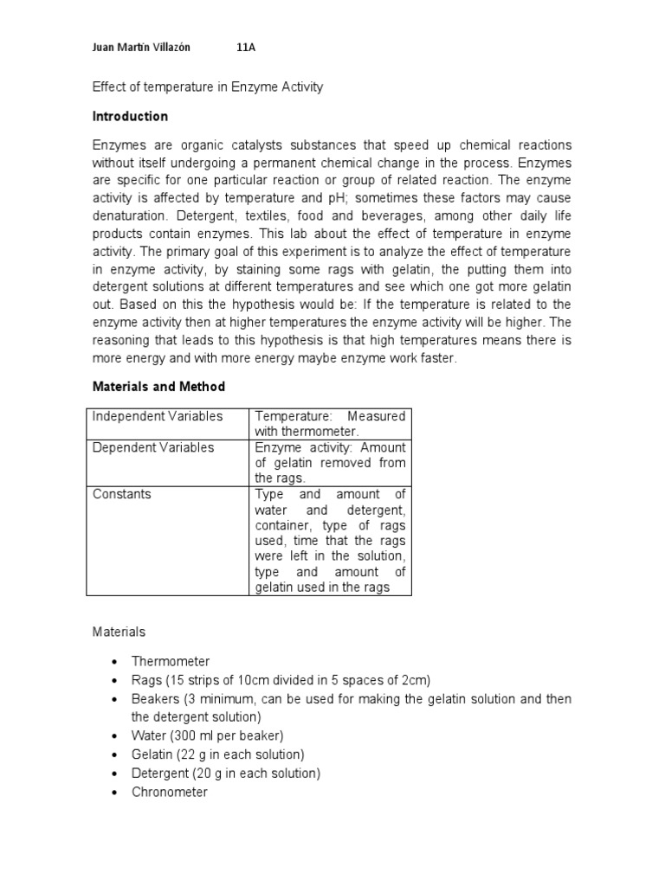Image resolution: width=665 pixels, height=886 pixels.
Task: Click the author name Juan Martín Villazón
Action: click(x=141, y=48)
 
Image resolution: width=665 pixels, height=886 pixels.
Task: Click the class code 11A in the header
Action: click(x=246, y=48)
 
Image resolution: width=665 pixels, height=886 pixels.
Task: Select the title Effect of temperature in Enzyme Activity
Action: click(x=207, y=87)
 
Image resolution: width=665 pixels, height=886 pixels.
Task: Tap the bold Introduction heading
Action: click(x=130, y=116)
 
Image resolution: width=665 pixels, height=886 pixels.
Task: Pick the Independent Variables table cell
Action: click(x=158, y=416)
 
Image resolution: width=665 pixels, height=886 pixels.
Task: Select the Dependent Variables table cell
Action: click(x=153, y=447)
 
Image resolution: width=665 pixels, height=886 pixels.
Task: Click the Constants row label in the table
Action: click(x=122, y=494)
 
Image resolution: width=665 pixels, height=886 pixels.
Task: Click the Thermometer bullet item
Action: click(x=171, y=661)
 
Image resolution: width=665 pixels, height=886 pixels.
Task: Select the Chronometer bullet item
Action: click(x=170, y=792)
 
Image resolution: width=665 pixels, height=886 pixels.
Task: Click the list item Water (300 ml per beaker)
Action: click(x=208, y=735)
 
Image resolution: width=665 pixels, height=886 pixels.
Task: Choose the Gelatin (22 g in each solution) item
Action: click(x=218, y=754)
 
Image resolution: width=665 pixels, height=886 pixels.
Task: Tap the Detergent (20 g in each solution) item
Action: click(x=226, y=773)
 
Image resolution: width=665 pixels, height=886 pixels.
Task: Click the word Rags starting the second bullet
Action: click(x=146, y=680)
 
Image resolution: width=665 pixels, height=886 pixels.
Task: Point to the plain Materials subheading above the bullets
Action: click(x=119, y=632)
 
